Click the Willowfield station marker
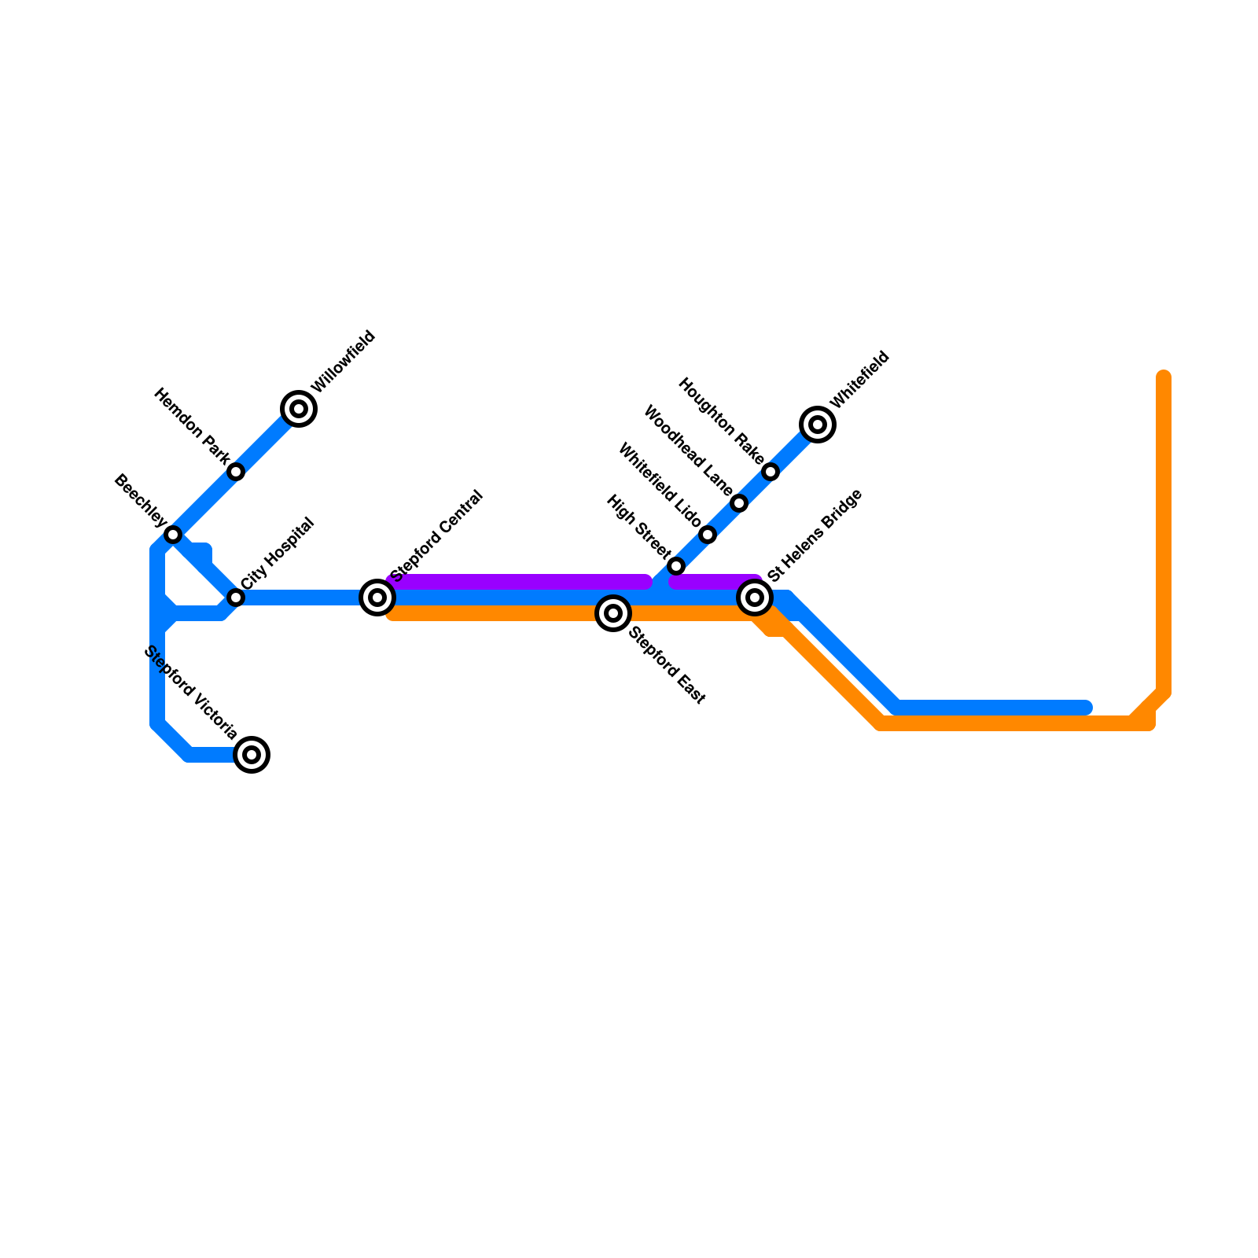coord(299,409)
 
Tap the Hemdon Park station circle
coord(236,472)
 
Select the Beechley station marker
coord(173,535)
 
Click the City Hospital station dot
coord(236,598)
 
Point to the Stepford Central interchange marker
coord(377,598)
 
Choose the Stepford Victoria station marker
coord(252,755)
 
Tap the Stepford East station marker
coord(613,613)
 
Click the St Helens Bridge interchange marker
coord(755,598)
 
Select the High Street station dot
coord(676,566)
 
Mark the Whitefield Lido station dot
coord(708,535)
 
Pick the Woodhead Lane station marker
coord(739,503)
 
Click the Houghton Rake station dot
coord(771,472)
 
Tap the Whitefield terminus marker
coord(818,425)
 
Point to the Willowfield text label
coord(344,362)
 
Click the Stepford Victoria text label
coord(191,693)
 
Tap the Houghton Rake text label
coord(720,421)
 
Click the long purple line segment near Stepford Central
coord(519,582)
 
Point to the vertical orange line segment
coord(1164,535)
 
